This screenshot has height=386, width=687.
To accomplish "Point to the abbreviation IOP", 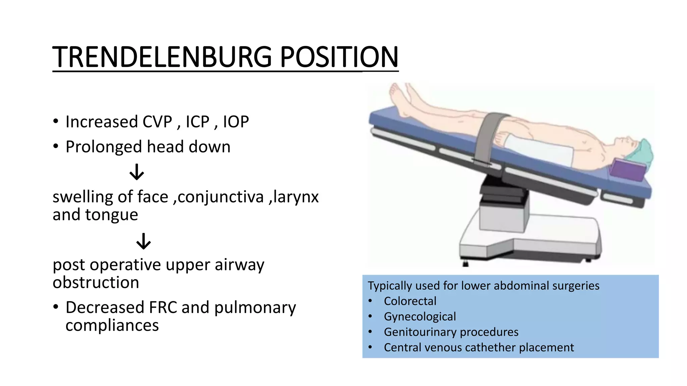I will [x=236, y=122].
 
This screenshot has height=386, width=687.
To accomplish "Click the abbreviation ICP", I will [x=198, y=122].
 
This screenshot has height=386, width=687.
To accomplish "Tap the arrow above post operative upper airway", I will [x=144, y=241].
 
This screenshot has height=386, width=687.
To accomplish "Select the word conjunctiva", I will [x=220, y=197].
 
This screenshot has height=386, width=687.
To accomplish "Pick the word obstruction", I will [x=96, y=282].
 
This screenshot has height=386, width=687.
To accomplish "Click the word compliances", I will [x=112, y=325].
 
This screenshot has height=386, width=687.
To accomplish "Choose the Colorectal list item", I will [x=410, y=301].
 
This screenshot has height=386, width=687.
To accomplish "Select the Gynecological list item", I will [x=420, y=317].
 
